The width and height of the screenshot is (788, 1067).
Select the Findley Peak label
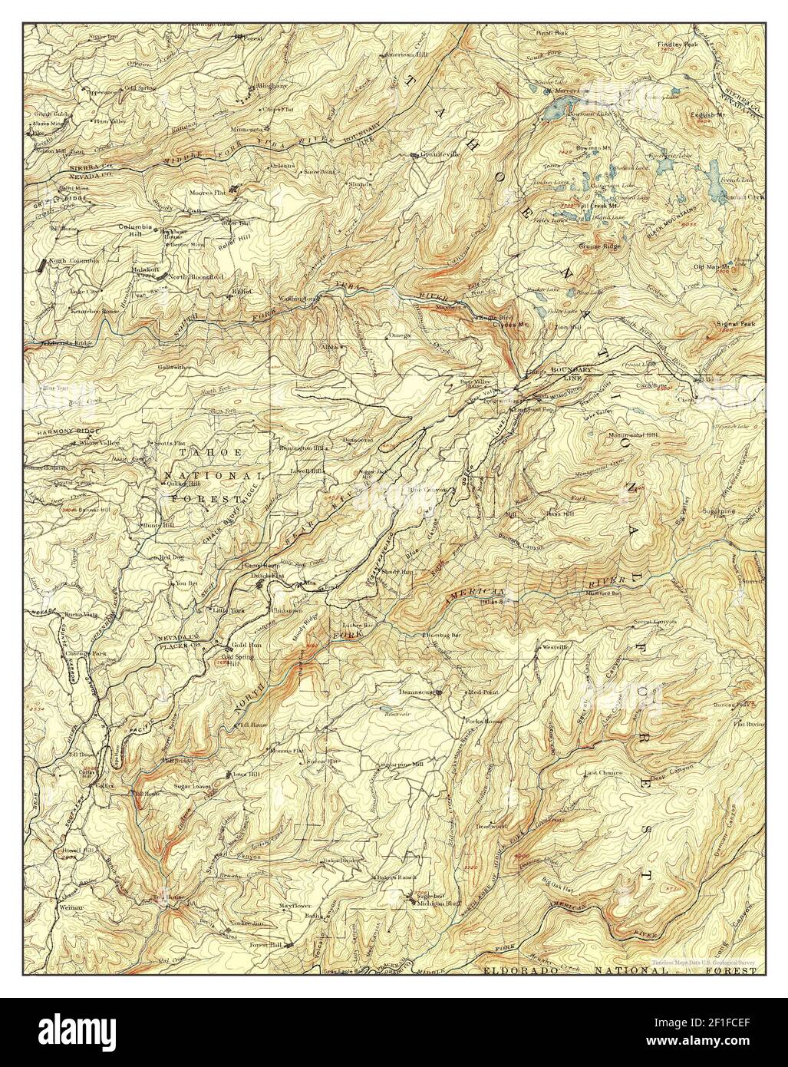(x=674, y=45)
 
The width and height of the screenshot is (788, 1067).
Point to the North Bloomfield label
(x=196, y=276)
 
